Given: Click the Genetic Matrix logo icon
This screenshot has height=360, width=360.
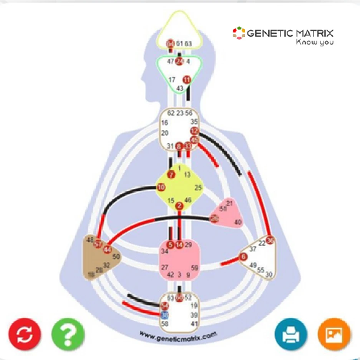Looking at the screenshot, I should (239, 33).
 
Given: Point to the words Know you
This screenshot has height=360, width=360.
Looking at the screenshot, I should (314, 42).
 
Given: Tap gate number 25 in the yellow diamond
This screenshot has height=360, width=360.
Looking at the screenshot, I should (198, 188).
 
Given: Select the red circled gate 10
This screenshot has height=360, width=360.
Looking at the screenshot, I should (161, 187).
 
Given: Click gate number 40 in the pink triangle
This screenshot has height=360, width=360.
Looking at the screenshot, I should (237, 222).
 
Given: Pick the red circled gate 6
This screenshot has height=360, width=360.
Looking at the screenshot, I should (243, 258).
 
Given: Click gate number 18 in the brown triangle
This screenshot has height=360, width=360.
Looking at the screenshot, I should (91, 275).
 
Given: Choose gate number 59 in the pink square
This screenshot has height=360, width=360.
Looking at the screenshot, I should (195, 268).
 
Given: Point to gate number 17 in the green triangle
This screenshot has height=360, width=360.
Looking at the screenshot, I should (172, 79).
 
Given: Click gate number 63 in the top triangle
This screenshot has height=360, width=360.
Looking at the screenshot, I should (188, 44).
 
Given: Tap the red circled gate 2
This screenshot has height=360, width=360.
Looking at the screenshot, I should (179, 206).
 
